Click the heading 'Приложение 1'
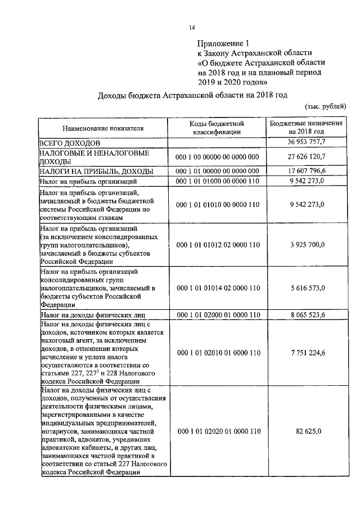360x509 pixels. [x=223, y=43]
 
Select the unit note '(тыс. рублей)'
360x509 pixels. [x=326, y=106]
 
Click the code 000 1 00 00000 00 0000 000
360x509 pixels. [x=217, y=157]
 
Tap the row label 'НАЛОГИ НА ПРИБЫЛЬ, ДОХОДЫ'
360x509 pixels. [x=96, y=171]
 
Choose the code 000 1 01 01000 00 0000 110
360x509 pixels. [x=217, y=181]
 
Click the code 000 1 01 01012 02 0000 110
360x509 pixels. [x=217, y=245]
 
